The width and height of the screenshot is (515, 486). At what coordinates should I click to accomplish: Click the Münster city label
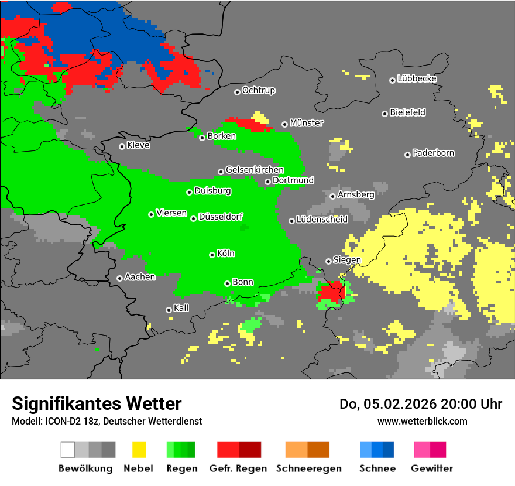pos(307,123)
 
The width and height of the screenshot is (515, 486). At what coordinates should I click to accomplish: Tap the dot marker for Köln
pos(212,255)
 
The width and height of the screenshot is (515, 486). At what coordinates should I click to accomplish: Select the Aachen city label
pos(140,277)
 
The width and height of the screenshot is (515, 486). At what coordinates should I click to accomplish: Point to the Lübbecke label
pos(417,78)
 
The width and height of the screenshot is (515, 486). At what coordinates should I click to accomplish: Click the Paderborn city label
pos(433,153)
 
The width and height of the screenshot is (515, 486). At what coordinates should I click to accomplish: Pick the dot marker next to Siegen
pos(328,261)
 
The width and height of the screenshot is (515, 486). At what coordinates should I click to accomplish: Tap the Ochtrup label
pos(258,91)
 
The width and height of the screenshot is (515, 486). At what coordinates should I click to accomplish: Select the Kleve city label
pos(138,145)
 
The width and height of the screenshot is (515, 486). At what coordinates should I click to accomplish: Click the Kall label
pos(181,308)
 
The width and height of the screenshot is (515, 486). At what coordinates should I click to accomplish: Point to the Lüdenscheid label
pos(322,220)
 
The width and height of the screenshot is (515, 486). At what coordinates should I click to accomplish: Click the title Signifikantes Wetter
pos(97,403)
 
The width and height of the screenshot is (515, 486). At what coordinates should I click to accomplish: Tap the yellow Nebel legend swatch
pos(139,450)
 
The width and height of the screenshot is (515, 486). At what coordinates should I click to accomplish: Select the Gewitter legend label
pos(432,468)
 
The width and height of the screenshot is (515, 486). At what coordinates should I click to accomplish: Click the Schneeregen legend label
pos(308,468)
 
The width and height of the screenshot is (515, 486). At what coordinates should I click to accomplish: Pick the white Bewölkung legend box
pos(67,450)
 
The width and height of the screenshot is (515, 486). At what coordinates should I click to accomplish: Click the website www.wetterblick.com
pos(422,421)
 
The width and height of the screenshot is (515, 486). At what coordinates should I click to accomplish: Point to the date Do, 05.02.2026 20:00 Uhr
pos(421,404)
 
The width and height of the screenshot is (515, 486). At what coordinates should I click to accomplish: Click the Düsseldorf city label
pos(221,217)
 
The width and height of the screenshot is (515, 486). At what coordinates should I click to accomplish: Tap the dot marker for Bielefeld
pos(384,114)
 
